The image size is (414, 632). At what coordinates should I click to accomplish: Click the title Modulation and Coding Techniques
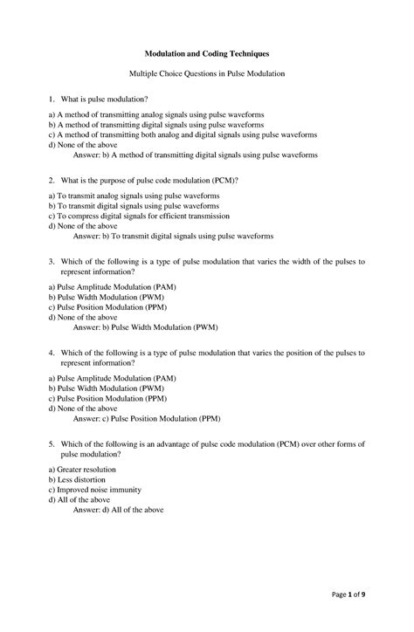pos(207,54)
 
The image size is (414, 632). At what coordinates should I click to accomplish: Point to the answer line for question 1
pos(195,155)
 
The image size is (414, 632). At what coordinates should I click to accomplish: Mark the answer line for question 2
pos(173,236)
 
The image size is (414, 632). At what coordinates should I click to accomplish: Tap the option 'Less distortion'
pos(79,479)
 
